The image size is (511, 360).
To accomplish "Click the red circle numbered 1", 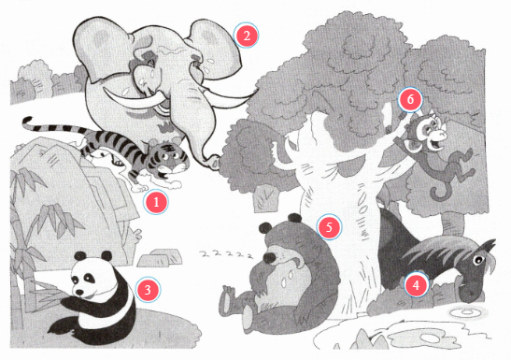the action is (156, 202).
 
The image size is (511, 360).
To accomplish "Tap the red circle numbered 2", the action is (247, 36).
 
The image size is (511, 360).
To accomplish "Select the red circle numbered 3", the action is (148, 290).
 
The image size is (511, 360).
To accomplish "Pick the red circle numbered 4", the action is (416, 285).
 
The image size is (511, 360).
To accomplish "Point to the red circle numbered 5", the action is (329, 227).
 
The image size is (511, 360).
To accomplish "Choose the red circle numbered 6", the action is (410, 99).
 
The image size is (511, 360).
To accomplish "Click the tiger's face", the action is (172, 160).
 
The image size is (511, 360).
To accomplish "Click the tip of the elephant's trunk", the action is (213, 163).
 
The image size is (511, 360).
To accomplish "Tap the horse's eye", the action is (478, 261).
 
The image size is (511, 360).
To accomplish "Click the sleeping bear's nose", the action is (270, 258).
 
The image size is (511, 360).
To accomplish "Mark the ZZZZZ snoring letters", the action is (226, 253).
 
